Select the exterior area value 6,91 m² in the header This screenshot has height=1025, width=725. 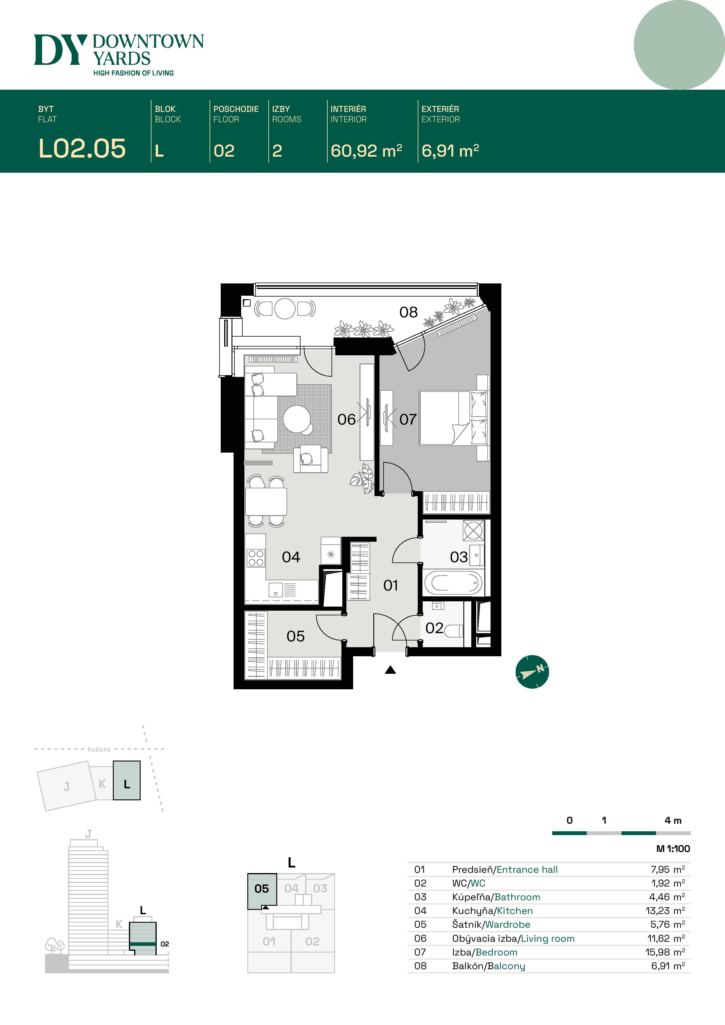[x=450, y=150]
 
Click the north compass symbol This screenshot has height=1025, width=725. [x=532, y=671]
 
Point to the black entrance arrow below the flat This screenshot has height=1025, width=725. [x=391, y=670]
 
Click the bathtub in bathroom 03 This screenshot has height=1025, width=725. [x=453, y=582]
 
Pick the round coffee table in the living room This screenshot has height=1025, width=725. [x=297, y=419]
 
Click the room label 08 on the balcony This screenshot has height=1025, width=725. [x=408, y=312]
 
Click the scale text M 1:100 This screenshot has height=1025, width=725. [x=673, y=849]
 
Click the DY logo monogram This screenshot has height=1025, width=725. [x=60, y=50]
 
